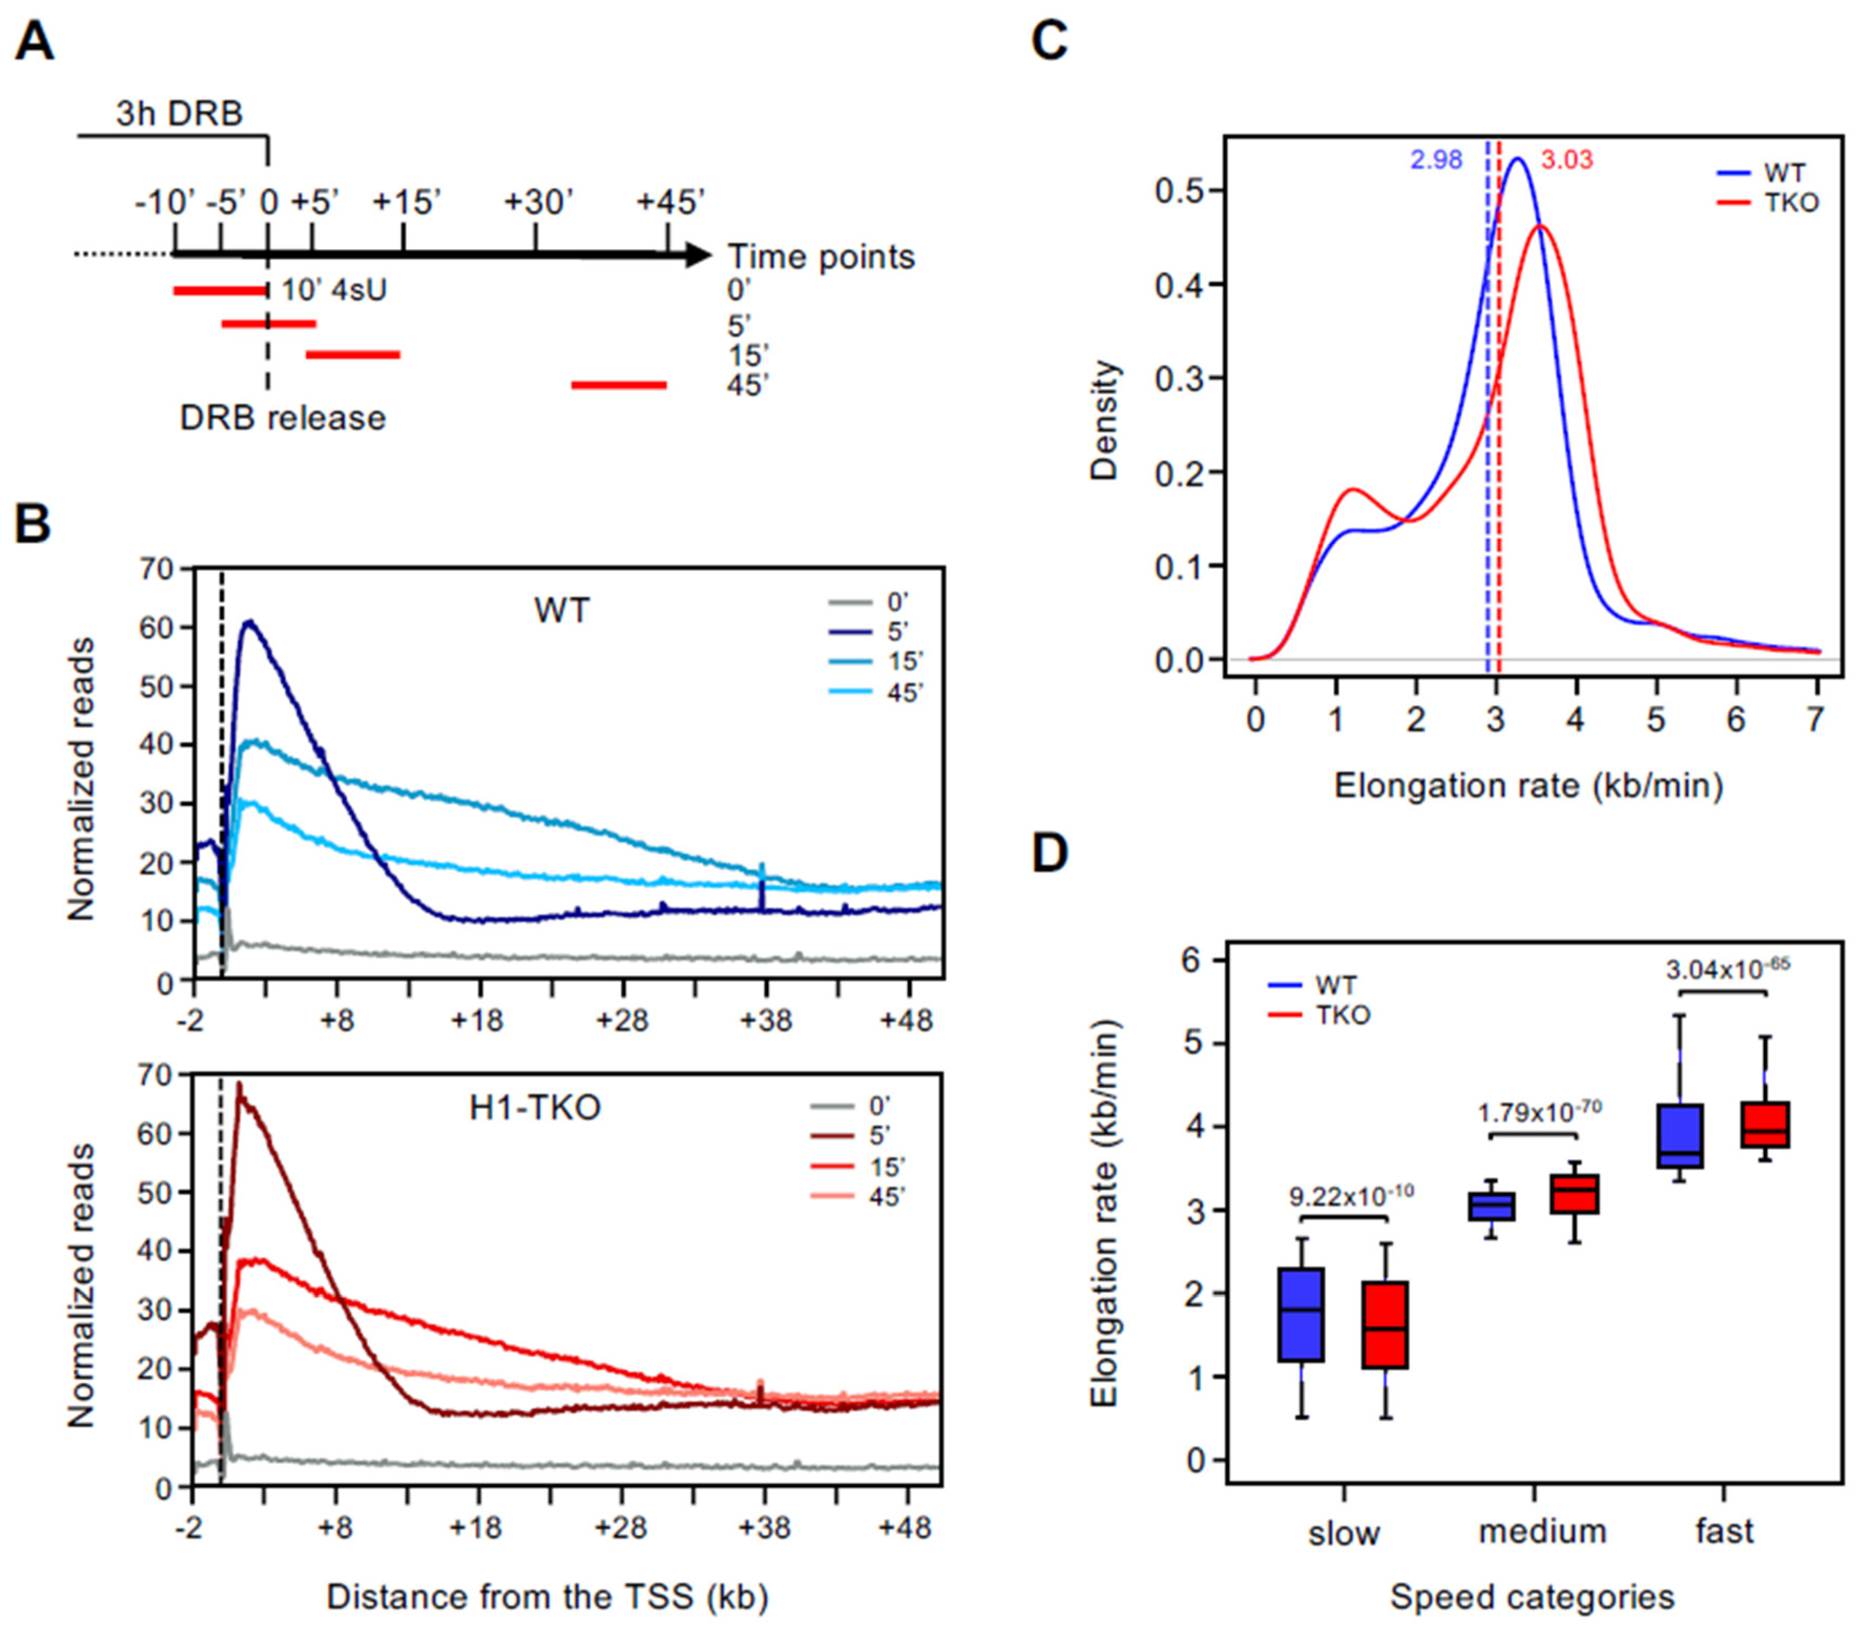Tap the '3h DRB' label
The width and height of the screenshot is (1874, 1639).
pos(179,114)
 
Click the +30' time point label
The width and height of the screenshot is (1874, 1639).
pos(539,202)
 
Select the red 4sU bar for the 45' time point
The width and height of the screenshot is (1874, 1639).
pos(619,385)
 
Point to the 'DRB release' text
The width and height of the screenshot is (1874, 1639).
pos(282,418)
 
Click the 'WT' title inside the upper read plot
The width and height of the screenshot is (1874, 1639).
pos(562,610)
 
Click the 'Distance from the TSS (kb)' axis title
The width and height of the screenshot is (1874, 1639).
pos(547,1596)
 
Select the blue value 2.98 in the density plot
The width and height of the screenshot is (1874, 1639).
pos(1436,160)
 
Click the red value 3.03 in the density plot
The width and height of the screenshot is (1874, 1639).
pos(1567,160)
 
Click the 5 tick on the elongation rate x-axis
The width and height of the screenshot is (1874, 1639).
pos(1656,720)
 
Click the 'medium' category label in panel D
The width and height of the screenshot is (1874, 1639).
pos(1542,1530)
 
